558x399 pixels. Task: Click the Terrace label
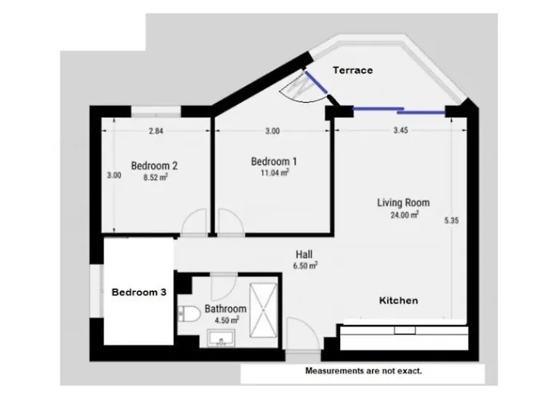tap(352, 70)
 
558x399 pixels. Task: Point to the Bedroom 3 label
tap(139, 292)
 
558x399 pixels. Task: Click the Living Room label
tap(403, 203)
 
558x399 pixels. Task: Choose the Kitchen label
tap(398, 301)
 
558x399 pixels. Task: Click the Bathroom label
tap(226, 309)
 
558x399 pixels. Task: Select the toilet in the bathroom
tap(190, 313)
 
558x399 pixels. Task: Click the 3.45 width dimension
tap(400, 131)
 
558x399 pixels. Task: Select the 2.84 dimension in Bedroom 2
tap(155, 131)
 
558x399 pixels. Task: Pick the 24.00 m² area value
tap(403, 215)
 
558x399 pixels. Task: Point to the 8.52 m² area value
tap(155, 178)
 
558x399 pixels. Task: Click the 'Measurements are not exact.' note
tap(363, 372)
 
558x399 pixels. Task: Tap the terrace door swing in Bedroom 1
tap(303, 88)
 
